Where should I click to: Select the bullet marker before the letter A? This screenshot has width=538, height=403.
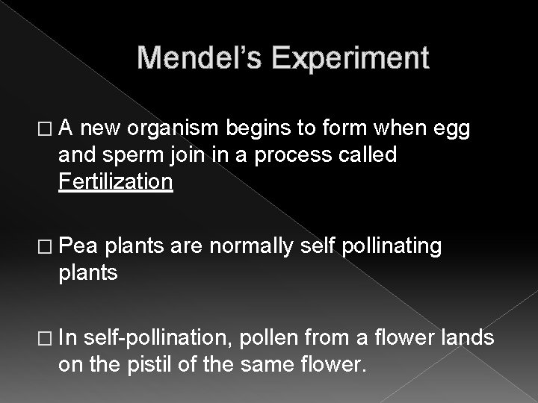(49, 132)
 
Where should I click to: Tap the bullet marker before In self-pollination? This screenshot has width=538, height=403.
(49, 340)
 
